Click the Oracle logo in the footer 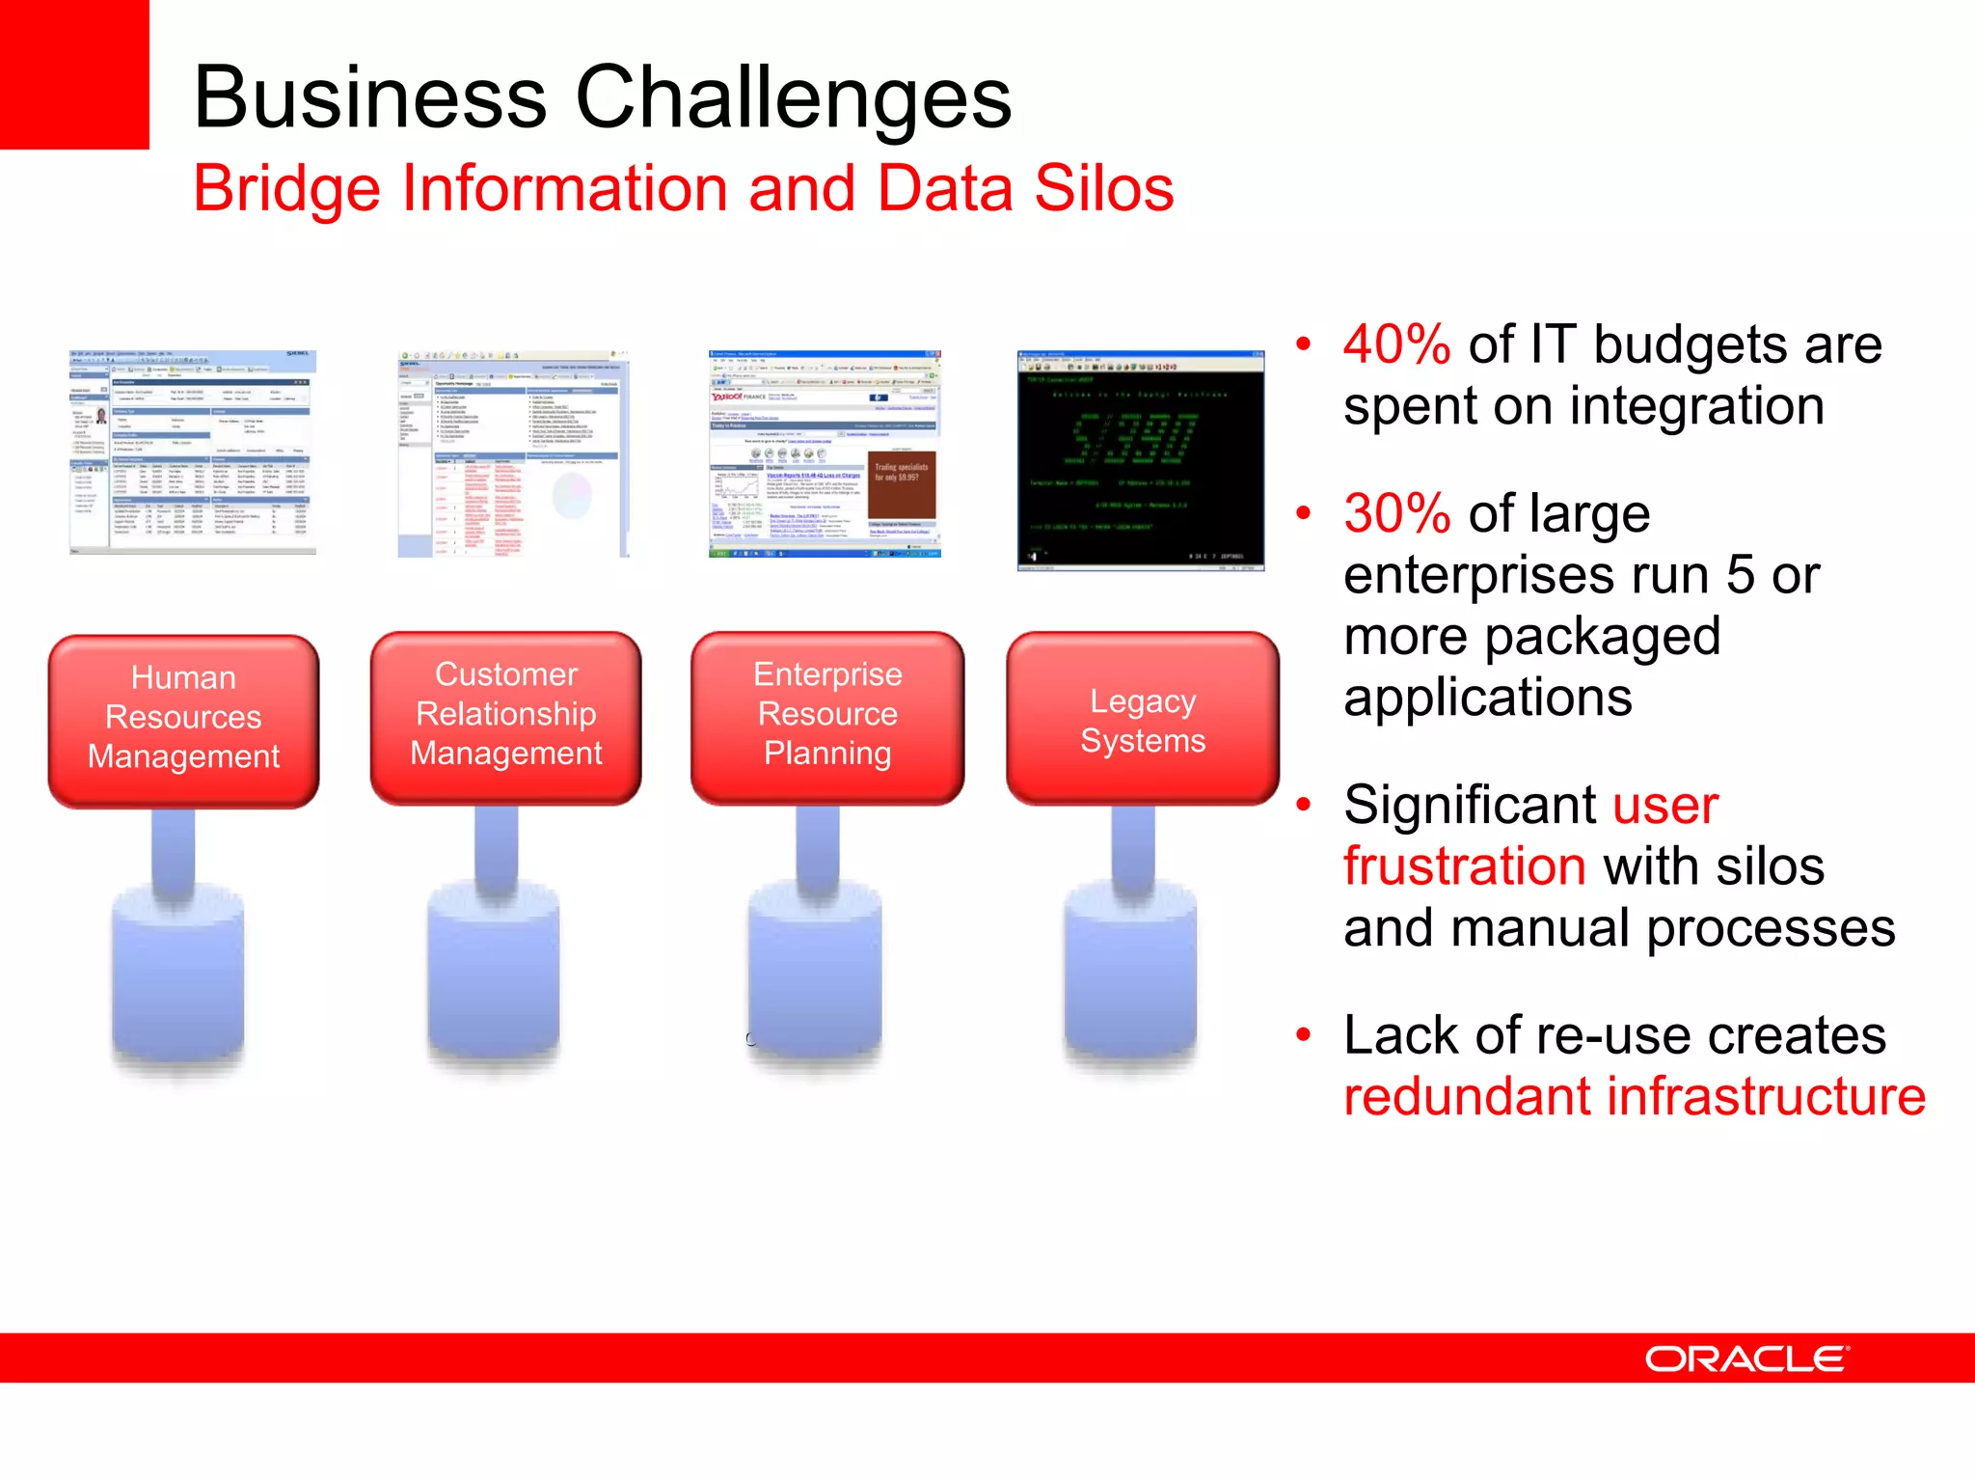(1745, 1358)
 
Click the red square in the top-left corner (74, 74)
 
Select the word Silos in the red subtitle (1103, 187)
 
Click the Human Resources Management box (183, 719)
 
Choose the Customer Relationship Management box (505, 716)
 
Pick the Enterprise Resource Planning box (827, 716)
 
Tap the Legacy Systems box (1143, 720)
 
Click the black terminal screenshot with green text (1141, 460)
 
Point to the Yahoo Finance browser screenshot (825, 453)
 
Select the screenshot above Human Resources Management (193, 453)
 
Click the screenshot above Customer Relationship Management (513, 453)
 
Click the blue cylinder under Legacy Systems (1130, 974)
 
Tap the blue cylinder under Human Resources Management (177, 974)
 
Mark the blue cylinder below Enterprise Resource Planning (816, 974)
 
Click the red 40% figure (1396, 344)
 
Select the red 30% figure (1396, 513)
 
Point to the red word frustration (1464, 865)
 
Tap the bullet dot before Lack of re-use (1304, 1035)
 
